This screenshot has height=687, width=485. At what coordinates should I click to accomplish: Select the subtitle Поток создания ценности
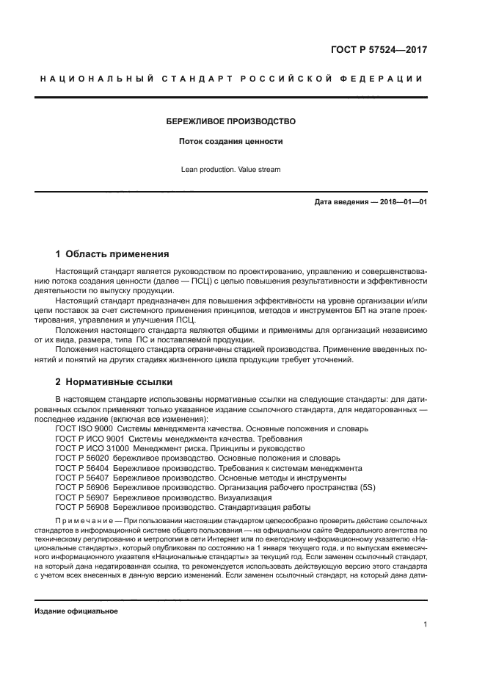pos(231,141)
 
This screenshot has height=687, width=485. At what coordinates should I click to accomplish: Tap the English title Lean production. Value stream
pos(231,170)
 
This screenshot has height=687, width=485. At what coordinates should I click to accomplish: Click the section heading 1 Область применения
pos(112,254)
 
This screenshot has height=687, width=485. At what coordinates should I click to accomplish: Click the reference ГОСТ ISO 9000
pos(84,428)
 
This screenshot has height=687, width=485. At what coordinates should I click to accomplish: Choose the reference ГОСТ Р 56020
pos(82,458)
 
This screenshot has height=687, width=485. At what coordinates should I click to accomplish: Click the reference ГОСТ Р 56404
pos(82,467)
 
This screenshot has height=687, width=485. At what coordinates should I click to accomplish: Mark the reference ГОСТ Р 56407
pos(82,478)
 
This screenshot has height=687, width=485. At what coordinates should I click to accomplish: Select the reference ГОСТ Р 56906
pos(82,487)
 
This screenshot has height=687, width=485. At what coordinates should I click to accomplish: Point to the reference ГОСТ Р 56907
pos(82,497)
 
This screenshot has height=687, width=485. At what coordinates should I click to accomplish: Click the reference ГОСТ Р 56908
pos(82,507)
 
